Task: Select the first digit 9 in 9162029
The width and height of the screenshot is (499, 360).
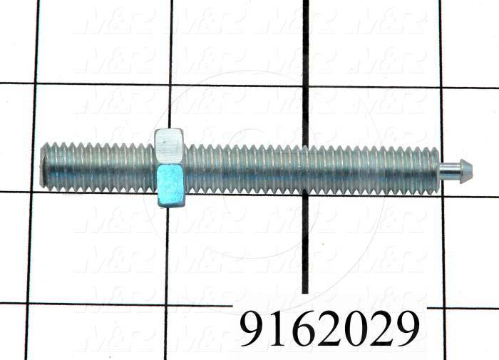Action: click(x=255, y=329)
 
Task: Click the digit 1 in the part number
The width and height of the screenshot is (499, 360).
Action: click(x=280, y=329)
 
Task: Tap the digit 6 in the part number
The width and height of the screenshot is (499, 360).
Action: click(x=304, y=329)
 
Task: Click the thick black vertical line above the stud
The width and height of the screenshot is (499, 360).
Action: click(x=305, y=57)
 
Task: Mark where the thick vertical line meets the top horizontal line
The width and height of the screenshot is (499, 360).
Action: click(x=305, y=86)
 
